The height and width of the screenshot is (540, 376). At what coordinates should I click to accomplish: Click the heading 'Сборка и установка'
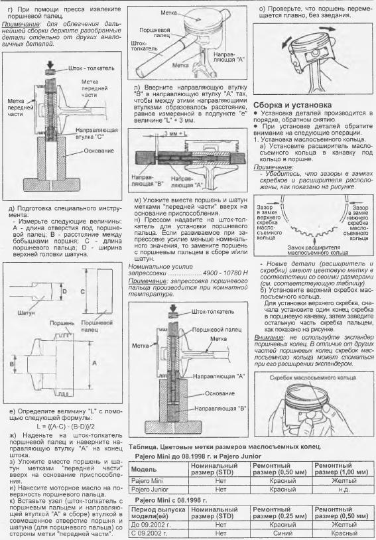point(292,105)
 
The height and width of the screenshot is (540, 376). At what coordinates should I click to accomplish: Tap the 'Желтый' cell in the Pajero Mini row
point(344,481)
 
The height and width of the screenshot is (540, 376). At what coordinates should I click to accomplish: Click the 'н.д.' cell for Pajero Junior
point(344,489)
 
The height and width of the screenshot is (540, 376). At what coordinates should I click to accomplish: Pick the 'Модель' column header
point(144,469)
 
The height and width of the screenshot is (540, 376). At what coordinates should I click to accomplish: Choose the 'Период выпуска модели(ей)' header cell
point(158,513)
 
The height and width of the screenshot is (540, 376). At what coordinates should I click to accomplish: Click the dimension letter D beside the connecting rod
point(65,291)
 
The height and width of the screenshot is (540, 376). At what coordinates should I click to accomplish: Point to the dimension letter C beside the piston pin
point(82,292)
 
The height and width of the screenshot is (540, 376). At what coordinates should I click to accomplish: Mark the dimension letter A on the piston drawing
point(94,363)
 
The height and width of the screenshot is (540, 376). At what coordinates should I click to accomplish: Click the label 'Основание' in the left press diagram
point(99,151)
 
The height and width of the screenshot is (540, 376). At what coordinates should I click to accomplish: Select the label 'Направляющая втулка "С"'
point(96,133)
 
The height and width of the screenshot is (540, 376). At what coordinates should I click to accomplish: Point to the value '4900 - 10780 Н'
point(225,273)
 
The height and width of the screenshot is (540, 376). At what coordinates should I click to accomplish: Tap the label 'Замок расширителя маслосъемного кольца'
point(314,250)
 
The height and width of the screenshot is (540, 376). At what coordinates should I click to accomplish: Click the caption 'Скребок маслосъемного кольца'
point(312,377)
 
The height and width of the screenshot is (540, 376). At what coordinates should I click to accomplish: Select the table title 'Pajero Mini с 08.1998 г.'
point(170,500)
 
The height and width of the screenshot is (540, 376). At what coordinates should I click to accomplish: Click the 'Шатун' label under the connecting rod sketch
point(25,313)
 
